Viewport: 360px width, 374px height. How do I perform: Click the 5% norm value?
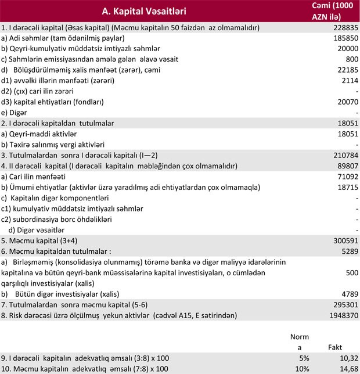(x=303, y=358)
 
